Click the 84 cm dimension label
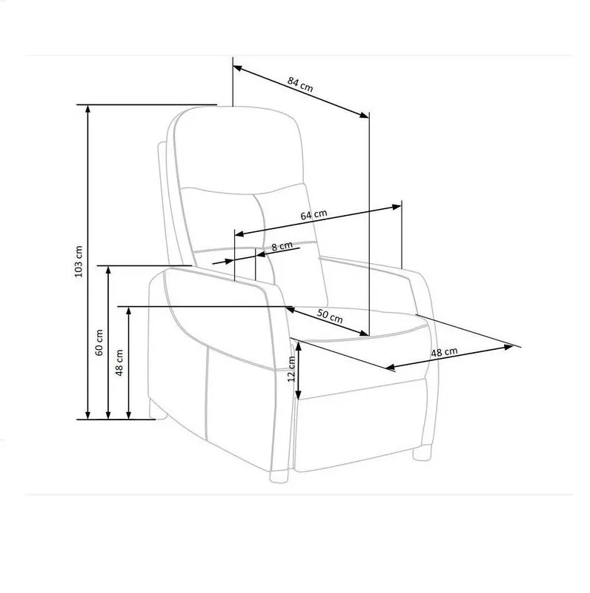300,85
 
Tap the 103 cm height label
79,262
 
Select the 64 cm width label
314,214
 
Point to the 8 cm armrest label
282,246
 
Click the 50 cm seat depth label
330,317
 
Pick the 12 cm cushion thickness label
291,368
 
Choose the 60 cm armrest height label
99,342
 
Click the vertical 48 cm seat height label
119,362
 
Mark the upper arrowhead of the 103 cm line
88,109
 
